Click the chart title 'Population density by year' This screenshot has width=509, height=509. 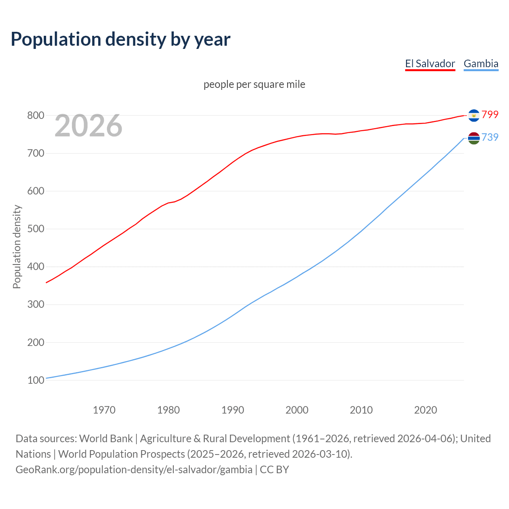tap(120, 39)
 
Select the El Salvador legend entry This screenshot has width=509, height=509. tap(430, 64)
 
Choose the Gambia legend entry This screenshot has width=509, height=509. tap(481, 64)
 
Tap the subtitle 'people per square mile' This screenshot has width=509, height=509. tap(254, 84)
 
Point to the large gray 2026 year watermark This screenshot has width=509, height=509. tap(88, 126)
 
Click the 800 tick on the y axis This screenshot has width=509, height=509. tap(35, 115)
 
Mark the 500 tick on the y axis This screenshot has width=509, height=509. tap(35, 229)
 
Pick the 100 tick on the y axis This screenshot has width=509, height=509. tap(35, 380)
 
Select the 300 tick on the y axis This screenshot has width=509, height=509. tap(35, 305)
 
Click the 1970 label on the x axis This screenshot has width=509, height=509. tap(104, 410)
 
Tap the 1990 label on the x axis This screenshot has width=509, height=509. tap(233, 410)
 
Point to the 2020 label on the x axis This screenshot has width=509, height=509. tap(425, 410)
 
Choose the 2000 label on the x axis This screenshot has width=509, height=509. tap(297, 410)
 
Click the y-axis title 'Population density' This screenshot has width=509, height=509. tap(17, 247)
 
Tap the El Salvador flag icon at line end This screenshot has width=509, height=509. tap(474, 115)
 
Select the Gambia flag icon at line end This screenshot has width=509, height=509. tap(474, 138)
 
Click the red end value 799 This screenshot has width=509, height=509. tap(490, 115)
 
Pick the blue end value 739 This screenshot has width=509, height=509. tap(490, 137)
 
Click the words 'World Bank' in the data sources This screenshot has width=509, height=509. tap(106, 439)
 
